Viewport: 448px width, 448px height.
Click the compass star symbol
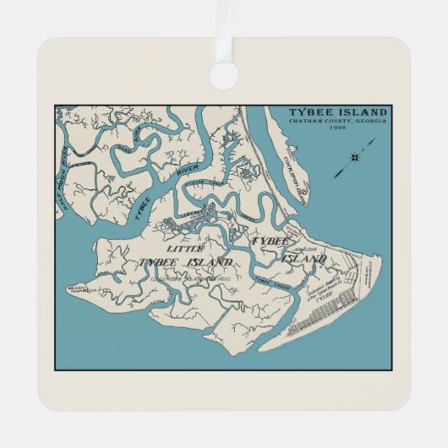tap(355, 156)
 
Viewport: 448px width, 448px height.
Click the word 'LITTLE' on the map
tap(185, 249)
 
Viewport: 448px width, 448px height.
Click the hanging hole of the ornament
tap(224, 74)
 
